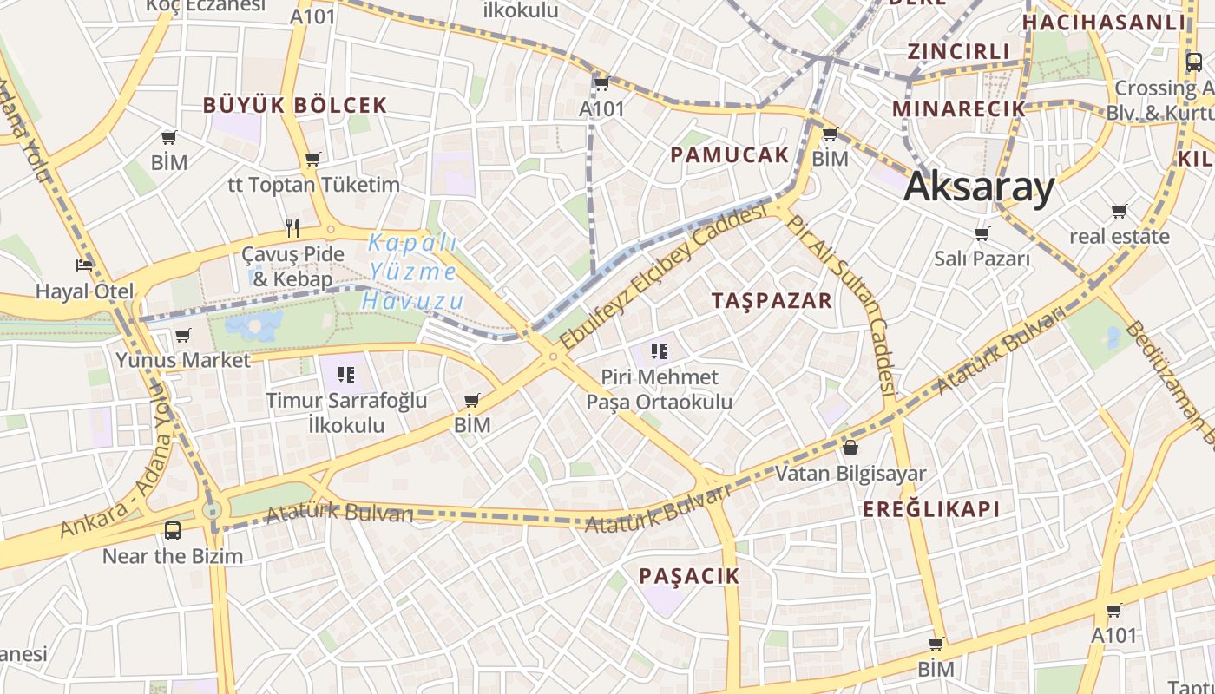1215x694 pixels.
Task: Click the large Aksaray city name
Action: click(979, 187)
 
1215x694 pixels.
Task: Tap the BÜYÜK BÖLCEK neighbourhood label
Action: click(295, 106)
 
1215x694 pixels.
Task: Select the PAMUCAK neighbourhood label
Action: click(730, 155)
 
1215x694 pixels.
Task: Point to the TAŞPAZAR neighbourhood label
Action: click(772, 301)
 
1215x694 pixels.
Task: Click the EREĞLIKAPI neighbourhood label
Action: click(931, 509)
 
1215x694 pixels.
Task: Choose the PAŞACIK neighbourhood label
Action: click(689, 576)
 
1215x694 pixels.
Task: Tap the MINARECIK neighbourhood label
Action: click(959, 109)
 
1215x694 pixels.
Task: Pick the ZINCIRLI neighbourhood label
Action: click(959, 51)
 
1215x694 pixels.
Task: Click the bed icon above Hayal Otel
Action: click(84, 265)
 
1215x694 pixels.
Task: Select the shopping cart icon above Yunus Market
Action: click(182, 335)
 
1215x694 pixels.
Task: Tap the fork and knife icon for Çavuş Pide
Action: click(292, 228)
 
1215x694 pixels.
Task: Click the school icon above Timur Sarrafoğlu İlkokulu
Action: click(346, 375)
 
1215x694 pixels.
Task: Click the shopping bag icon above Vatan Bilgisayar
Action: click(850, 448)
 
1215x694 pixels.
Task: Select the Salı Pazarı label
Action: click(982, 259)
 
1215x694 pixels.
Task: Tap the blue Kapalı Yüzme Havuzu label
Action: click(411, 272)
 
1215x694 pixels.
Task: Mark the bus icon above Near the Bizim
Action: click(173, 530)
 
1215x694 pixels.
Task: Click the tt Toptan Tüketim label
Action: click(313, 185)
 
